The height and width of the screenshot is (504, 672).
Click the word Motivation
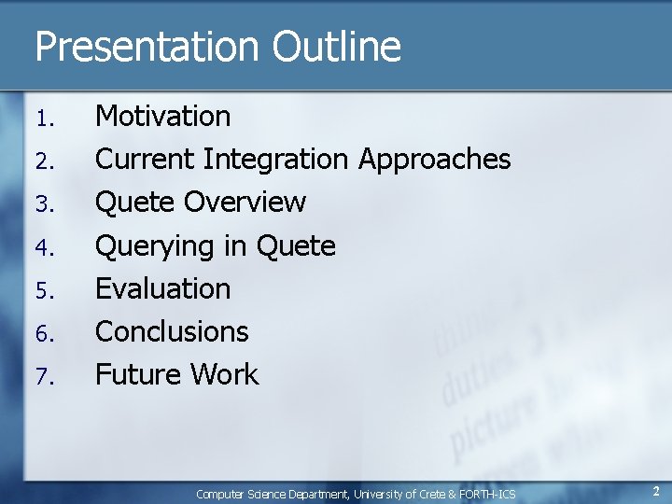(163, 116)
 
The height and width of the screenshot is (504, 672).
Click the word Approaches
(435, 160)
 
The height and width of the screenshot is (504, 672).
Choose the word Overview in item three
(245, 202)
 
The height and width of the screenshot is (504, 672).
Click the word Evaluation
(163, 288)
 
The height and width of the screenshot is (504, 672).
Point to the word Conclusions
(173, 331)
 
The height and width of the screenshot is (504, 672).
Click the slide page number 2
(656, 491)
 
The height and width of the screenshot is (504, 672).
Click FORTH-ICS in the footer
(486, 494)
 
